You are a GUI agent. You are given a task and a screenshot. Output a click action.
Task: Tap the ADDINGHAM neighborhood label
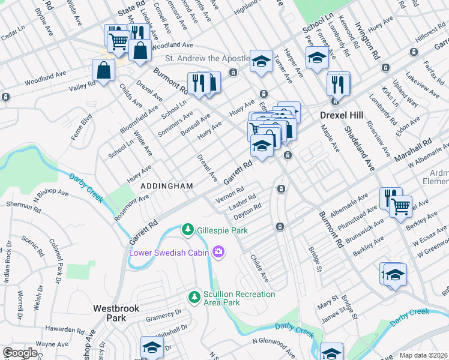[167, 187]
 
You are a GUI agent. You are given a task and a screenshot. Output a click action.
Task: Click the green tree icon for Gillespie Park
[188, 230]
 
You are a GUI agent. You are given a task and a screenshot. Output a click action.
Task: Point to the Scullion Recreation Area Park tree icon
[194, 297]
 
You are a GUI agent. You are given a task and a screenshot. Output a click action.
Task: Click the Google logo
[20, 353]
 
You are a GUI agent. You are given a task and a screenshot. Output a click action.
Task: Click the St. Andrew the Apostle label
[207, 59]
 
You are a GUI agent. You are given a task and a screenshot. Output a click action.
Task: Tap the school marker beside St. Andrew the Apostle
[261, 61]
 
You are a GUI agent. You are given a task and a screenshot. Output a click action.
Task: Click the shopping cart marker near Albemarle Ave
[400, 207]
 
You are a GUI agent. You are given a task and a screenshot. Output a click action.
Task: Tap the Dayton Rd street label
[247, 209]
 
